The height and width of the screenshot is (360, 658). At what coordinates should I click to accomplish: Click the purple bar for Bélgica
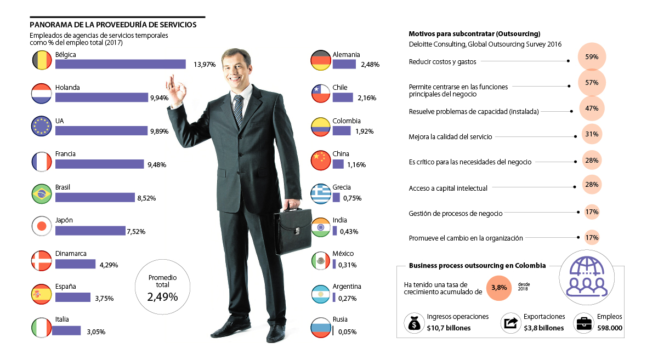(x=121, y=64)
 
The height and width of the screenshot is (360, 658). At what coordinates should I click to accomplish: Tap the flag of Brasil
(x=42, y=194)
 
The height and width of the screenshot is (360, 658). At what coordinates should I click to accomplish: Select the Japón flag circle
(x=42, y=227)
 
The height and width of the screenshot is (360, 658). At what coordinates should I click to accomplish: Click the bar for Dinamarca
(x=76, y=264)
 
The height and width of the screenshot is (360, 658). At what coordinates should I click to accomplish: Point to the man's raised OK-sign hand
(x=176, y=91)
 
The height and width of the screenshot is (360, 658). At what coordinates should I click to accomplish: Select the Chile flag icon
(x=320, y=94)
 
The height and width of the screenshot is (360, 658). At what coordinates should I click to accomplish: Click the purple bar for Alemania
(x=344, y=64)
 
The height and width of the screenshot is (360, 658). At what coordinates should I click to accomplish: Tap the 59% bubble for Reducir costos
(x=592, y=56)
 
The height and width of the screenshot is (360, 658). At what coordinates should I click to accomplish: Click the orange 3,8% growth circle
(x=498, y=288)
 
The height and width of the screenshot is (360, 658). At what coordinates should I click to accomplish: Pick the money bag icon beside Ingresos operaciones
(x=415, y=324)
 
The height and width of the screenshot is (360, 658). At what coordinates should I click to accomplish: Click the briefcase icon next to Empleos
(x=583, y=323)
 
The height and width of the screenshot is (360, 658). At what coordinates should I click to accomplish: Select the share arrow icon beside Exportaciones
(x=510, y=323)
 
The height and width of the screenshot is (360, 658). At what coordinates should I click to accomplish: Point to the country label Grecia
(x=342, y=187)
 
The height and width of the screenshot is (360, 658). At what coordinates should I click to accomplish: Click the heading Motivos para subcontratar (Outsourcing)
(x=474, y=33)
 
